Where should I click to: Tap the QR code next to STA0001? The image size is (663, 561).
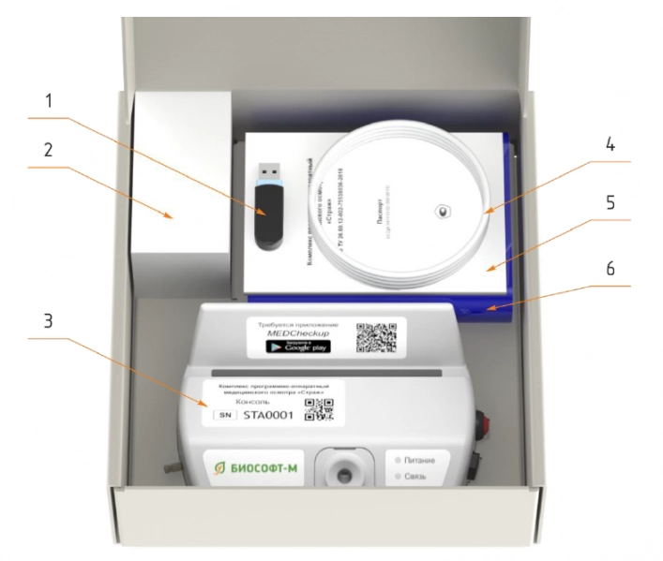coord(321,413)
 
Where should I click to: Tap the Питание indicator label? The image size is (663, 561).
coord(429,461)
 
